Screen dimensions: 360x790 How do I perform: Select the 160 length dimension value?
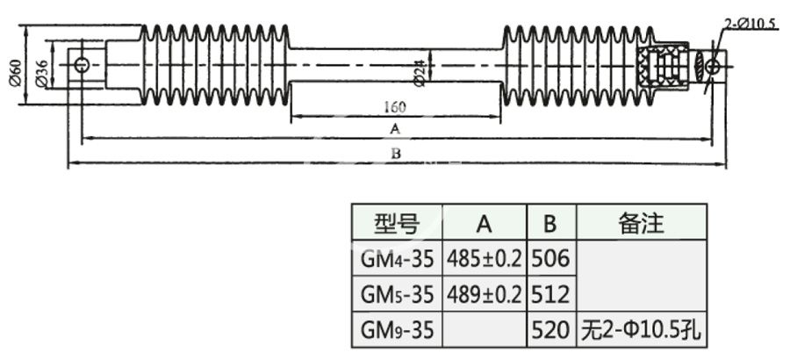[x=394, y=107]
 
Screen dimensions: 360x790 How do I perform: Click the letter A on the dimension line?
[x=395, y=130]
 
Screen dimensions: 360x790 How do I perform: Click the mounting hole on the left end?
[x=82, y=65]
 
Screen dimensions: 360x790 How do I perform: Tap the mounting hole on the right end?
[x=714, y=66]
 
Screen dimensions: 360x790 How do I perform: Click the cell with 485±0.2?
[x=484, y=259]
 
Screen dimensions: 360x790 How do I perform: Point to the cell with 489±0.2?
[x=484, y=293]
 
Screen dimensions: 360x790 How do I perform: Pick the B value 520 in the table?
[x=550, y=330]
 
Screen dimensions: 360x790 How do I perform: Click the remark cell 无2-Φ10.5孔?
[x=641, y=330]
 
